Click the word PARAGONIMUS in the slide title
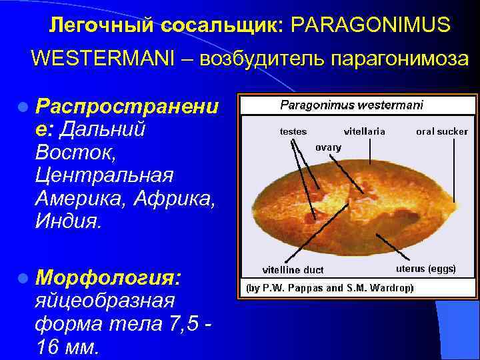(371, 25)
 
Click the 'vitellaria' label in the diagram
(364, 131)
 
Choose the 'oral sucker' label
(442, 131)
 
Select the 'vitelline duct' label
(293, 270)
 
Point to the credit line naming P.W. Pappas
(330, 288)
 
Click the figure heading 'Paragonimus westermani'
(351, 105)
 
